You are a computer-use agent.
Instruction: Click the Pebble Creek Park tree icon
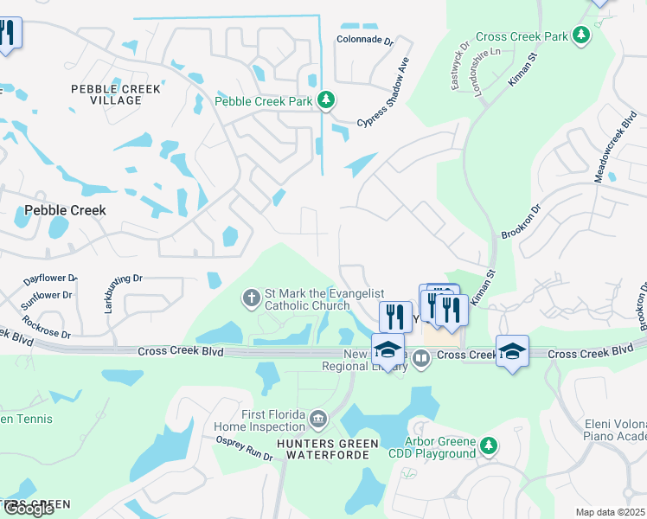coord(325,102)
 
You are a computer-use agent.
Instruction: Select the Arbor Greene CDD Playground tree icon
coord(490,445)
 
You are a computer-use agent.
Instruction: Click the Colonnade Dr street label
coord(365,40)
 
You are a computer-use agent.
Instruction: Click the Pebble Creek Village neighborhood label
coord(107,94)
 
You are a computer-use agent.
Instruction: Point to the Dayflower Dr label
coord(50,279)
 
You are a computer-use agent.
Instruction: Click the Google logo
coord(29,509)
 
